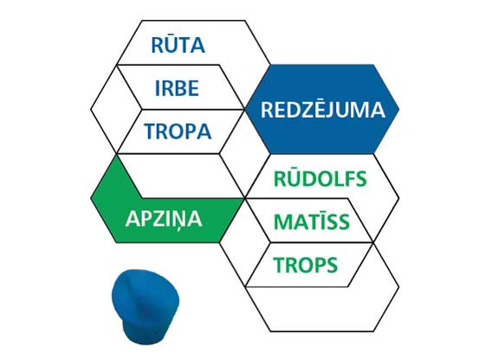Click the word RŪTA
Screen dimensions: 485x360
tap(178, 45)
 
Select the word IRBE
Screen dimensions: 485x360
tap(177, 87)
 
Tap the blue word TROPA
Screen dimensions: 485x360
tap(178, 131)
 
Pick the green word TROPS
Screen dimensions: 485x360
tap(305, 265)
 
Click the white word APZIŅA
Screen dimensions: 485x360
tap(164, 220)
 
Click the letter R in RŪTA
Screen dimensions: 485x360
tap(157, 45)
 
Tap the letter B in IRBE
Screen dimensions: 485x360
tap(180, 87)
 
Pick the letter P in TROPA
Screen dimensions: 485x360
tap(190, 131)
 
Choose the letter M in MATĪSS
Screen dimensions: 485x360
tap(282, 222)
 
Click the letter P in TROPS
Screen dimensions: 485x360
tap(318, 265)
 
